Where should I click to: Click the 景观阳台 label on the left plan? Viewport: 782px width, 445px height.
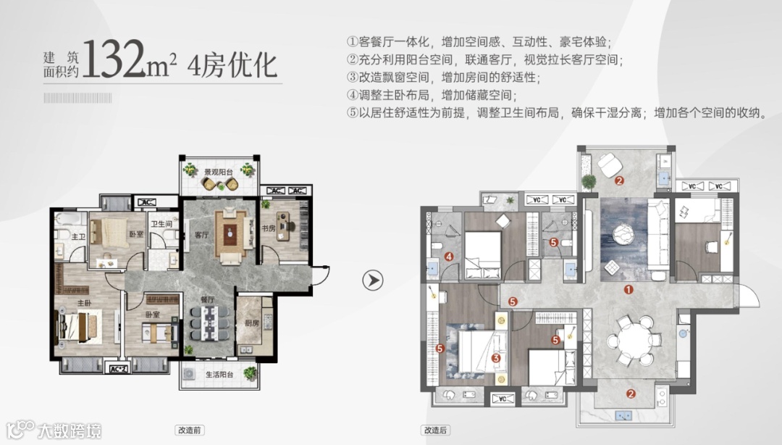218,172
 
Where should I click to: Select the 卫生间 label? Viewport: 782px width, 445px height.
161,225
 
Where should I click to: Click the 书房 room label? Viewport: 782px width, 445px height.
269,229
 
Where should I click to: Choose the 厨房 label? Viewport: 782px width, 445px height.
251,323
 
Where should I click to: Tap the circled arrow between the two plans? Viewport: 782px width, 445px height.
372,280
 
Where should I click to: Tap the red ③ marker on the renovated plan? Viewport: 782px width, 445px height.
496,357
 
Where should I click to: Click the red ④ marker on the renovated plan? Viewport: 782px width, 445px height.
449,256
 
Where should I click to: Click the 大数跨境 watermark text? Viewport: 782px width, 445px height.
69,431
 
